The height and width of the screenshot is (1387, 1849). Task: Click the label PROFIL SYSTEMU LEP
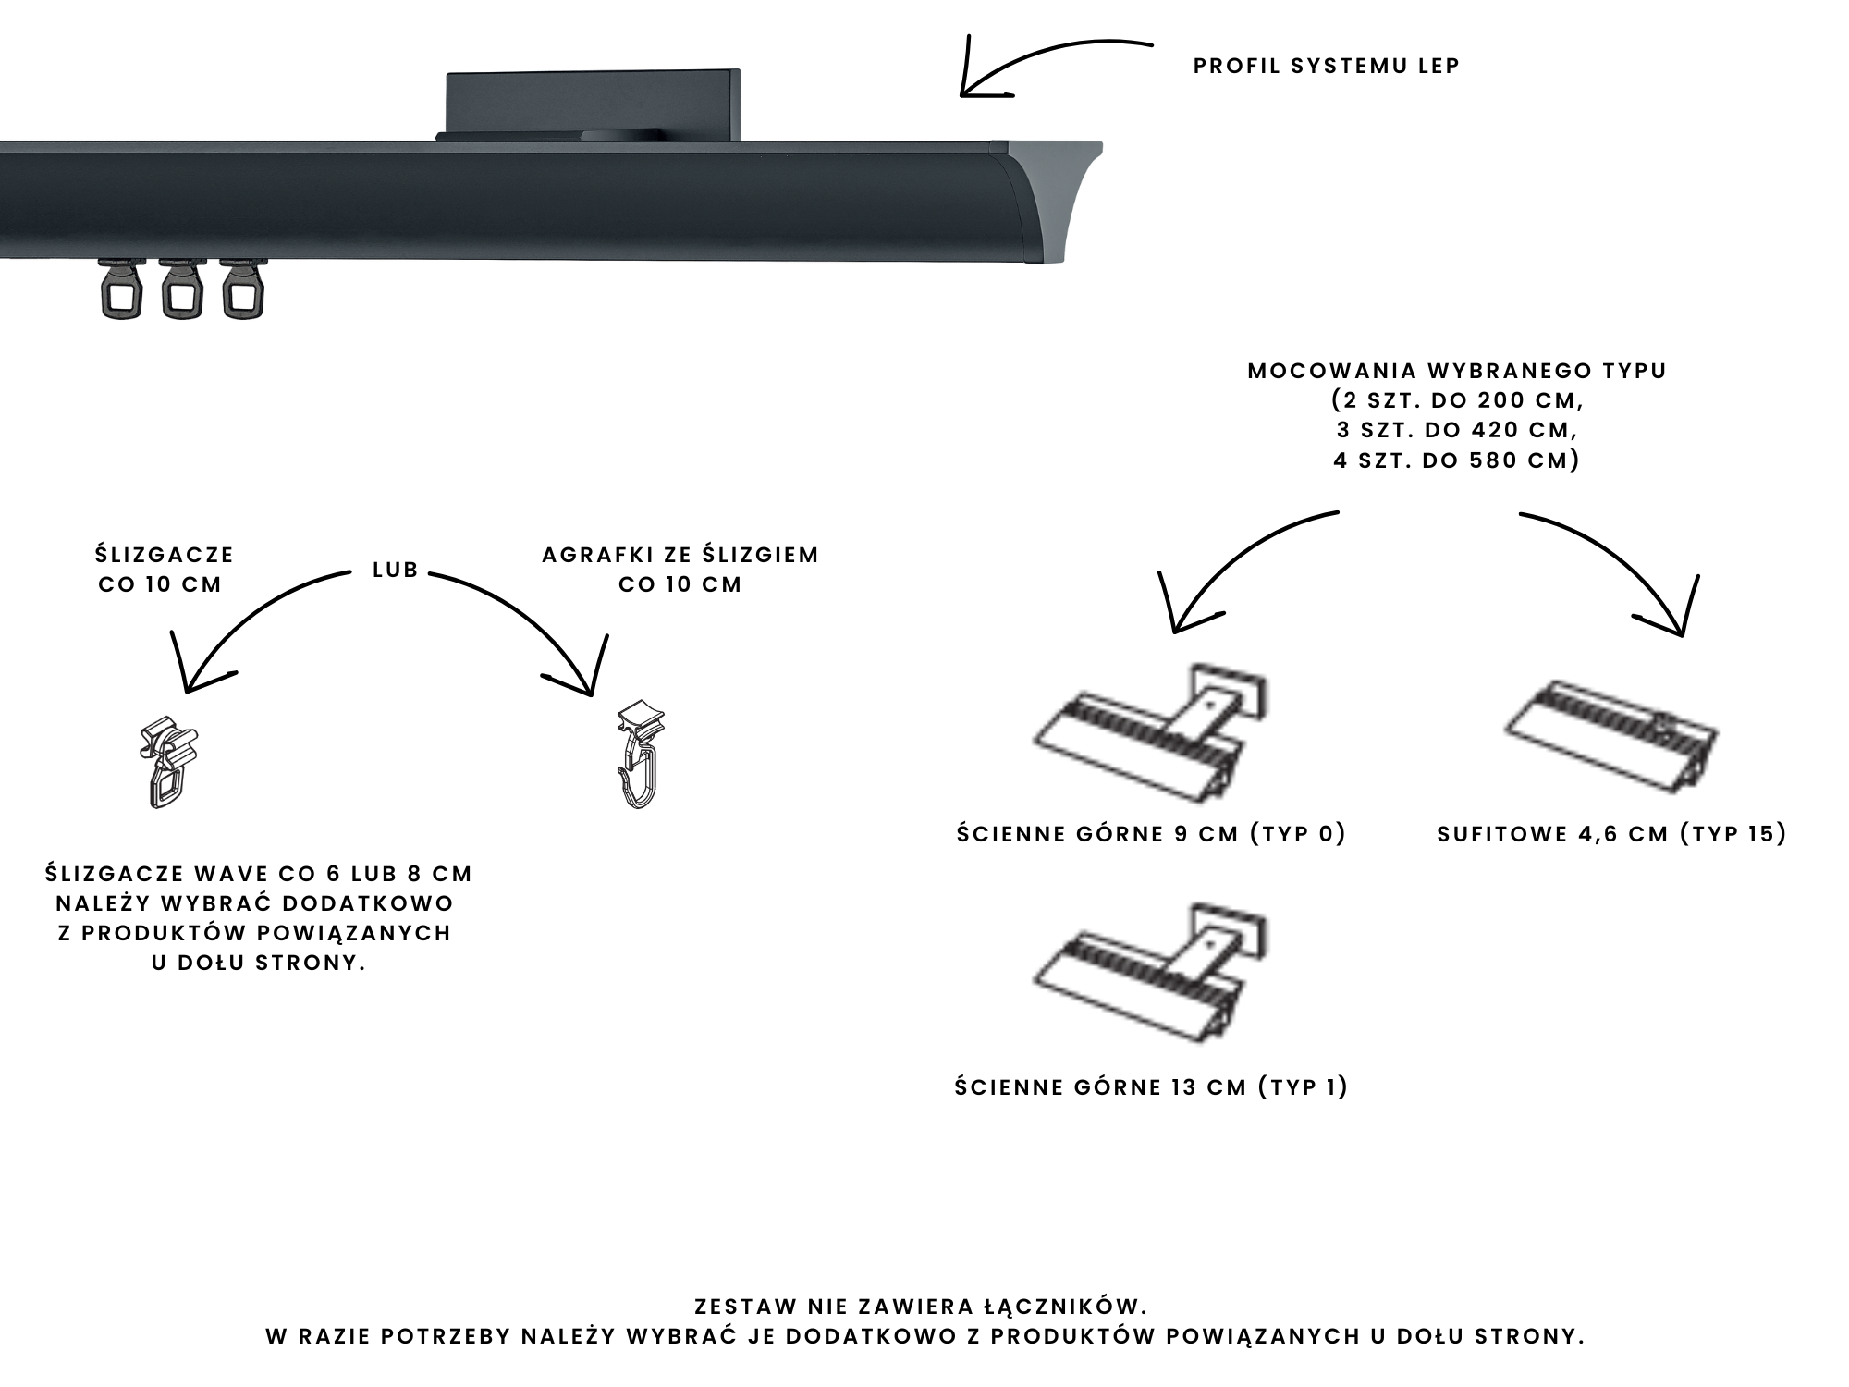tap(1326, 67)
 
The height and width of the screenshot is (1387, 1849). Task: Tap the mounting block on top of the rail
tap(593, 104)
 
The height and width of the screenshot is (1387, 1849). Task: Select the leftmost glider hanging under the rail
tap(121, 290)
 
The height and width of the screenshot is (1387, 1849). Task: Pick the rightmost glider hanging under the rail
tap(241, 290)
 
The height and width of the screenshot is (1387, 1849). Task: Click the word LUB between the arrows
tap(396, 571)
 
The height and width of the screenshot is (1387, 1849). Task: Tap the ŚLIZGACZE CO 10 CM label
tap(164, 570)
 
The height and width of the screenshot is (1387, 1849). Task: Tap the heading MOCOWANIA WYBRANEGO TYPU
tap(1457, 371)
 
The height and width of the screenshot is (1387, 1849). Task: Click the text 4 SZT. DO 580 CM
tap(1457, 460)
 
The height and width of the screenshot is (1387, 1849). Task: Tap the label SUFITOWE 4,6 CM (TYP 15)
tap(1611, 834)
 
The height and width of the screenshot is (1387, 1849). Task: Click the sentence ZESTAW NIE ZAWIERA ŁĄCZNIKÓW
tap(920, 1307)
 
